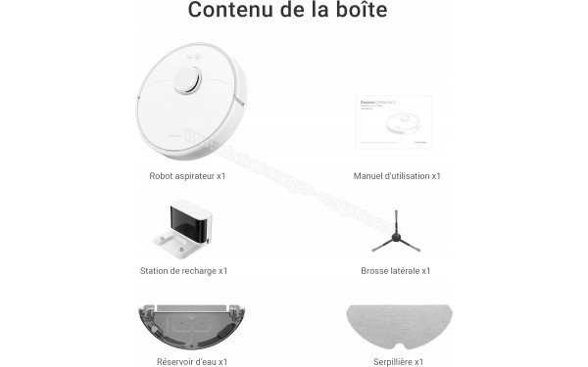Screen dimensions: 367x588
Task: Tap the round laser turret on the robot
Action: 189,81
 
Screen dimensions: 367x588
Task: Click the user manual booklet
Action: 393,122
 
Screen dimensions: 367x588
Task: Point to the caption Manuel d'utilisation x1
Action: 397,176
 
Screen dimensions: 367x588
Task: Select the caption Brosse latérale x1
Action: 396,271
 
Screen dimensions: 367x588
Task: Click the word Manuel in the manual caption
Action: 369,176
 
